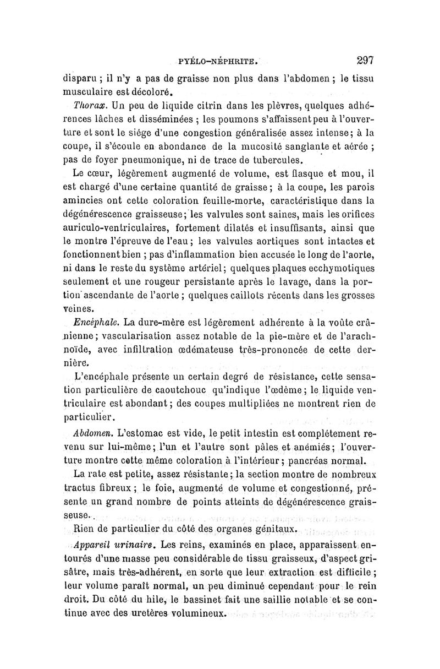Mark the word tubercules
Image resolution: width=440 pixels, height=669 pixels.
point(273,161)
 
